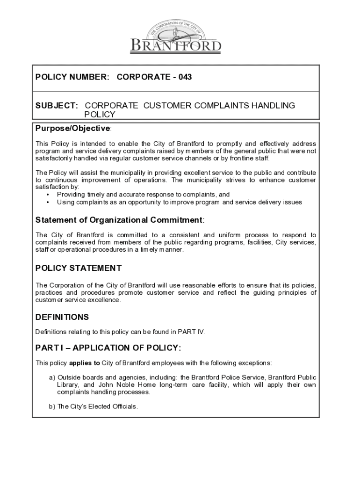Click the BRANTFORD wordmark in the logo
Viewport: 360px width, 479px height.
pyautogui.click(x=175, y=46)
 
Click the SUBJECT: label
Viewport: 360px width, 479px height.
pyautogui.click(x=57, y=106)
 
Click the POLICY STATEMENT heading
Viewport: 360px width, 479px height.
pyautogui.click(x=79, y=268)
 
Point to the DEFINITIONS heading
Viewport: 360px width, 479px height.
pyautogui.click(x=62, y=317)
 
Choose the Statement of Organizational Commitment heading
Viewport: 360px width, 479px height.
pyautogui.click(x=120, y=220)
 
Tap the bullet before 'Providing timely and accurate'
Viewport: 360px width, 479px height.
pyautogui.click(x=48, y=195)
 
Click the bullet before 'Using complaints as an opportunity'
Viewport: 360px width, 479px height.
pyautogui.click(x=48, y=203)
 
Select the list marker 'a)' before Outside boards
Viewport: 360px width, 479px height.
pyautogui.click(x=52, y=377)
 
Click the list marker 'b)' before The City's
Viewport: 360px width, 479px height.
pyautogui.click(x=52, y=406)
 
